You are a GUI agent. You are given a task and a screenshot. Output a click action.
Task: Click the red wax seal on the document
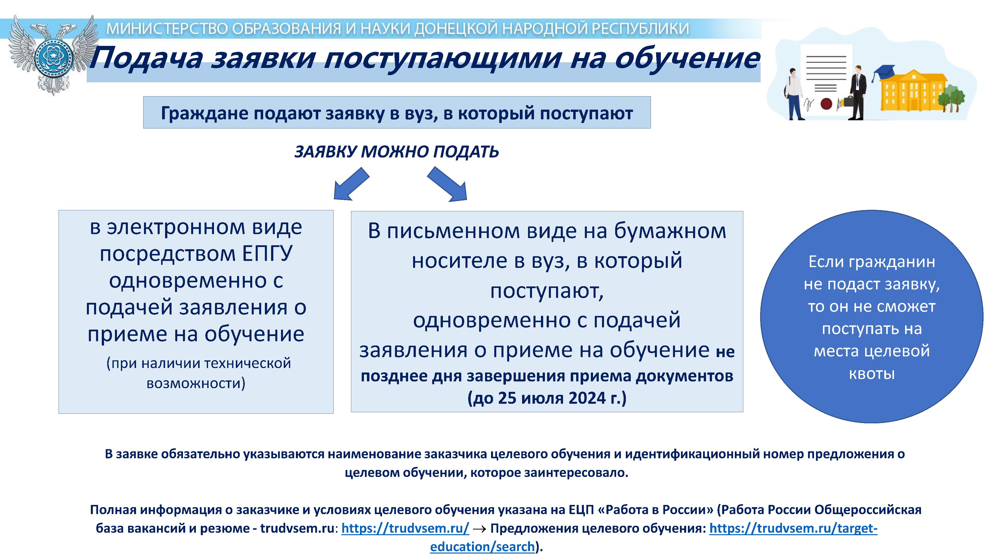[x=826, y=104]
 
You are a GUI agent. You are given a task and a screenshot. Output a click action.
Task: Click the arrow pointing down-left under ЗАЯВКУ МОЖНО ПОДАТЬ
[x=351, y=184]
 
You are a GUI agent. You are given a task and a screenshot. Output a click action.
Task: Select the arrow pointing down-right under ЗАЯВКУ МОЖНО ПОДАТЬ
[x=447, y=184]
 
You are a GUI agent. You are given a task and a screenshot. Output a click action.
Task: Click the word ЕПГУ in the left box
[x=267, y=253]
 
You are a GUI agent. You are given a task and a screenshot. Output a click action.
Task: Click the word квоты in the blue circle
[x=872, y=373]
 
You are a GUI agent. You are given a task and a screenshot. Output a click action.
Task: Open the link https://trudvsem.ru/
[x=405, y=528]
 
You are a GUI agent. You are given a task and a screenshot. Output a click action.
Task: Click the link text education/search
[x=482, y=546]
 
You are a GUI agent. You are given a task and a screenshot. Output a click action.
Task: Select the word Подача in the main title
[x=146, y=58]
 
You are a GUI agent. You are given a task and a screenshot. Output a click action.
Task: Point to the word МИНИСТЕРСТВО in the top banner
[x=167, y=29]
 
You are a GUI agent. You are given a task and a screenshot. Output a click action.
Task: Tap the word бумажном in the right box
[x=670, y=231]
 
